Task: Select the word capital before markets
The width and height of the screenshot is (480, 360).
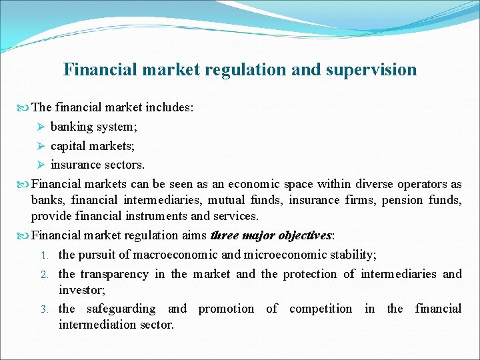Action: pyautogui.click(x=70, y=145)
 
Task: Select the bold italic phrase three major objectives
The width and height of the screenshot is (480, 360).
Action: pyautogui.click(x=270, y=235)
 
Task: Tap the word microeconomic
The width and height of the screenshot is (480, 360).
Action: pyautogui.click(x=285, y=254)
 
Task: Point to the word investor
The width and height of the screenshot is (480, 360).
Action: pyautogui.click(x=78, y=291)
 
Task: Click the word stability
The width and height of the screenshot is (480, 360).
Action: pyautogui.click(x=355, y=254)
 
